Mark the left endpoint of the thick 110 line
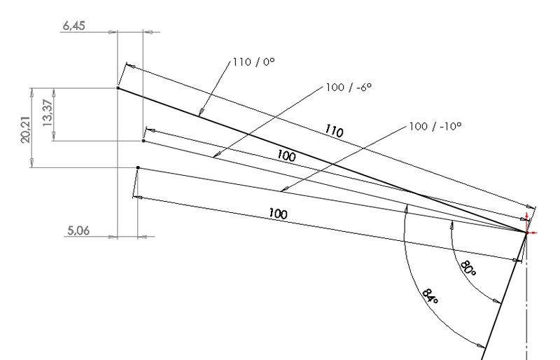pyautogui.click(x=118, y=88)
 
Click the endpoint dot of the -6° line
pyautogui.click(x=143, y=141)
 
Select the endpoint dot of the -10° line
pyautogui.click(x=138, y=168)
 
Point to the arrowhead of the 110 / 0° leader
pyautogui.click(x=202, y=112)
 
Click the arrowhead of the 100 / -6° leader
pyautogui.click(x=216, y=155)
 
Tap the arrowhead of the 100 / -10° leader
pyautogui.click(x=281, y=190)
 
